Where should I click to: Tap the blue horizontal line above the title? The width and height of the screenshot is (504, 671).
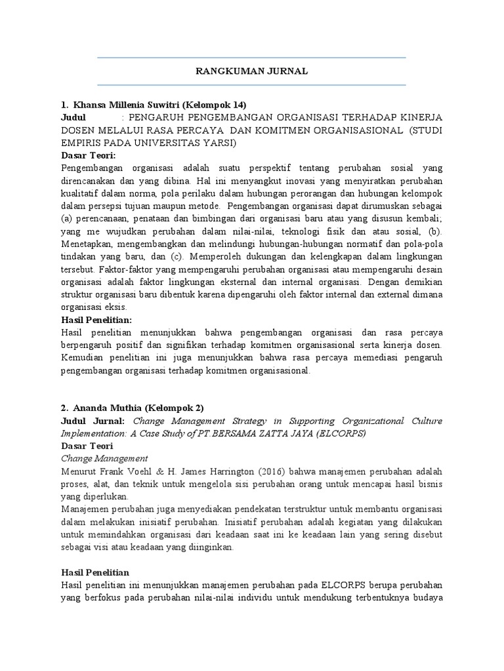click(252, 58)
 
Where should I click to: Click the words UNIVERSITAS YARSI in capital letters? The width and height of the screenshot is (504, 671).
click(196, 142)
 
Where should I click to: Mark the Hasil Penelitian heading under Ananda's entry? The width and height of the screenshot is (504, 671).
click(95, 571)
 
